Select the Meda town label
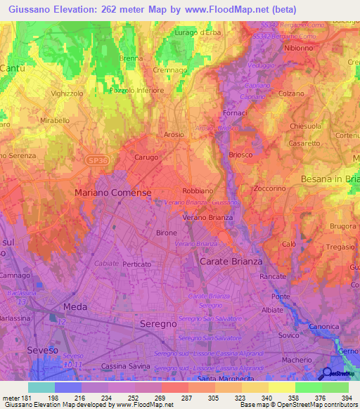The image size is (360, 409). click(x=75, y=308)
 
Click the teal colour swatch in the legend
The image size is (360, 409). click(x=41, y=387)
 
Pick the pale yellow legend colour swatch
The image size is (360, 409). click(x=282, y=387)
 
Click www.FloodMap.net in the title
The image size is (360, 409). click(x=239, y=9)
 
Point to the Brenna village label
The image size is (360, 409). click(x=131, y=58)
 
